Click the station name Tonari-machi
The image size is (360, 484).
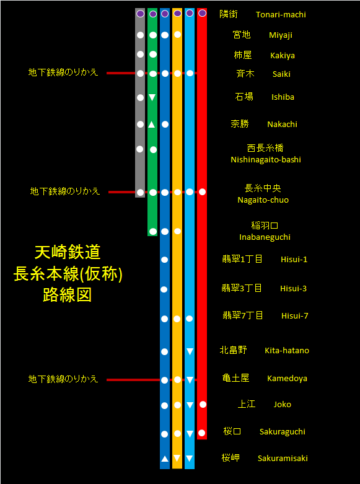(281, 14)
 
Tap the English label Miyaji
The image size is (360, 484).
(280, 35)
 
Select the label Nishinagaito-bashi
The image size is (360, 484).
(266, 160)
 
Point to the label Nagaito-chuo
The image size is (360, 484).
(263, 200)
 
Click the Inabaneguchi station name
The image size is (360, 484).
(265, 237)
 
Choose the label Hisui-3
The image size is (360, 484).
(293, 289)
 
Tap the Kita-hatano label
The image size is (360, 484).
(287, 350)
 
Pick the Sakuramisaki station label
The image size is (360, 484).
(283, 458)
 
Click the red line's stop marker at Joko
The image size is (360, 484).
(203, 404)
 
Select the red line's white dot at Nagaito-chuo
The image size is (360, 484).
(202, 192)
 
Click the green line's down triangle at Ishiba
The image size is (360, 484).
(152, 97)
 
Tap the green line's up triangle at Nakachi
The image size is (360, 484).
(151, 125)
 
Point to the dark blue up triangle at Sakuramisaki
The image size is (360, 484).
(165, 459)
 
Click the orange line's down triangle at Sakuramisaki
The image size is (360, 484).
(177, 458)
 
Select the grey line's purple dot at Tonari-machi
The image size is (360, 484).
(140, 14)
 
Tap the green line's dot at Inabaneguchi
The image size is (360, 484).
(153, 231)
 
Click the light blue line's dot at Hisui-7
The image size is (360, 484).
(189, 319)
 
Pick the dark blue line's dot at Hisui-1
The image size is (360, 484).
(165, 260)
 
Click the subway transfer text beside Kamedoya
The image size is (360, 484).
(63, 379)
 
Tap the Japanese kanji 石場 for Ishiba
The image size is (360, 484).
(244, 97)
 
